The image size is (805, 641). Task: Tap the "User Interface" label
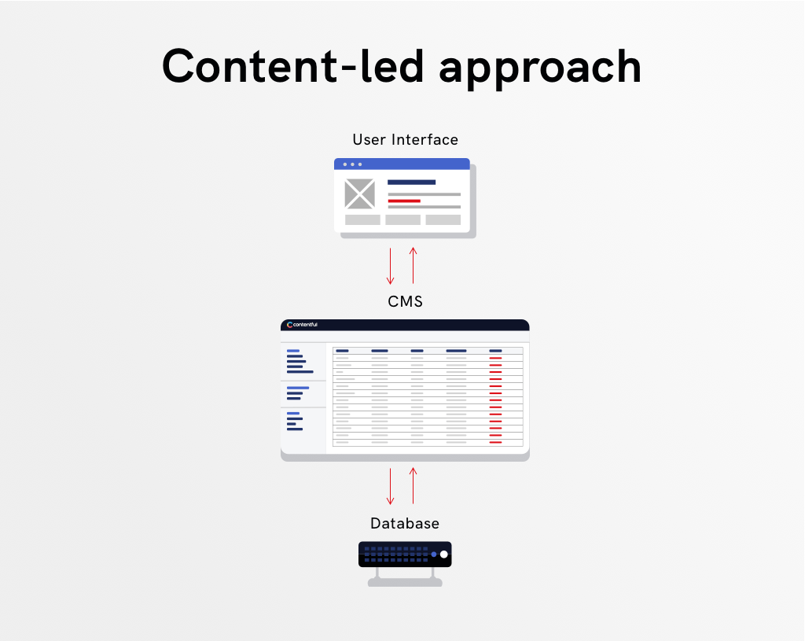click(405, 140)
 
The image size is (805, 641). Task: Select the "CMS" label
click(405, 301)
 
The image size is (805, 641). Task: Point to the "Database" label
click(405, 523)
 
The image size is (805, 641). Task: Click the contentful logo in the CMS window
click(302, 325)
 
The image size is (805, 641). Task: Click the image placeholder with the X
click(359, 193)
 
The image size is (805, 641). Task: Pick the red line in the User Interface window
click(404, 201)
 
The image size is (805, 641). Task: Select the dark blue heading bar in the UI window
click(411, 182)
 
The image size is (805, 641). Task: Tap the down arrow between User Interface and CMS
click(390, 266)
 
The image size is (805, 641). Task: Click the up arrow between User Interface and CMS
click(413, 266)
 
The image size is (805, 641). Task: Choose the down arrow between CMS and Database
click(390, 486)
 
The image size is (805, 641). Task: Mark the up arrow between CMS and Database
click(413, 485)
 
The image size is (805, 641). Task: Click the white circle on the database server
click(444, 554)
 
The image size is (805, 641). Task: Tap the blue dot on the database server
click(434, 554)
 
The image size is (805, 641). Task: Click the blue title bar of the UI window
click(402, 164)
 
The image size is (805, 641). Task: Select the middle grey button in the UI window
click(403, 220)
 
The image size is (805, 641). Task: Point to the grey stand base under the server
click(405, 582)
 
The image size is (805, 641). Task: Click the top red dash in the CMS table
click(495, 358)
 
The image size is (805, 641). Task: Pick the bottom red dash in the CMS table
click(495, 442)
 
